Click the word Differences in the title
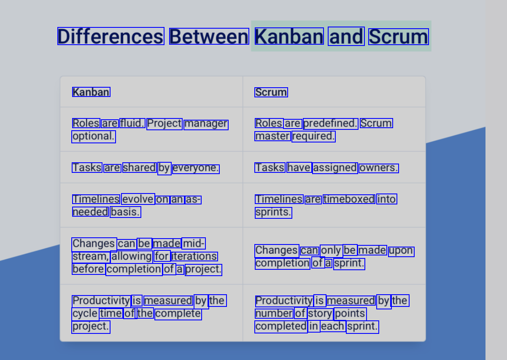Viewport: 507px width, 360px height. click(x=111, y=36)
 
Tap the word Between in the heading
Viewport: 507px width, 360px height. click(x=209, y=36)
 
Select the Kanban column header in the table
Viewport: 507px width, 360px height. click(x=91, y=92)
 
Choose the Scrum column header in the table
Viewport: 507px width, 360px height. click(x=271, y=92)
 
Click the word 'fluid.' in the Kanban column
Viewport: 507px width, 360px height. click(x=132, y=123)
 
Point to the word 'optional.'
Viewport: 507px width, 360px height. click(x=94, y=137)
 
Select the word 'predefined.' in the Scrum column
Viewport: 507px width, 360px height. click(x=330, y=124)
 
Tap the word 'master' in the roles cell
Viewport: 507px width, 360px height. click(x=272, y=136)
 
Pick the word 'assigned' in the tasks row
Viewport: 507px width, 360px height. click(x=335, y=168)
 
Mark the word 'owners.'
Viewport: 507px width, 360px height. click(x=379, y=168)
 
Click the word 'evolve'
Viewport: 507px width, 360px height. click(x=138, y=199)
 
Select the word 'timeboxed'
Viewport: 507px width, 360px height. click(x=349, y=199)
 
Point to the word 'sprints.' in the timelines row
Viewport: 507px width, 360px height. click(x=273, y=213)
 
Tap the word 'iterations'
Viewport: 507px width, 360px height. click(x=194, y=256)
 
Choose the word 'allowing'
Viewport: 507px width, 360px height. click(x=131, y=257)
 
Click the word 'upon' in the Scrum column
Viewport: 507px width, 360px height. click(x=401, y=252)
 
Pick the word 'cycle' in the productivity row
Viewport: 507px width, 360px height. click(x=85, y=314)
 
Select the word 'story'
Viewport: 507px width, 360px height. click(x=320, y=314)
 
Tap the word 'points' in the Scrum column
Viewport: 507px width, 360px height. click(x=350, y=314)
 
